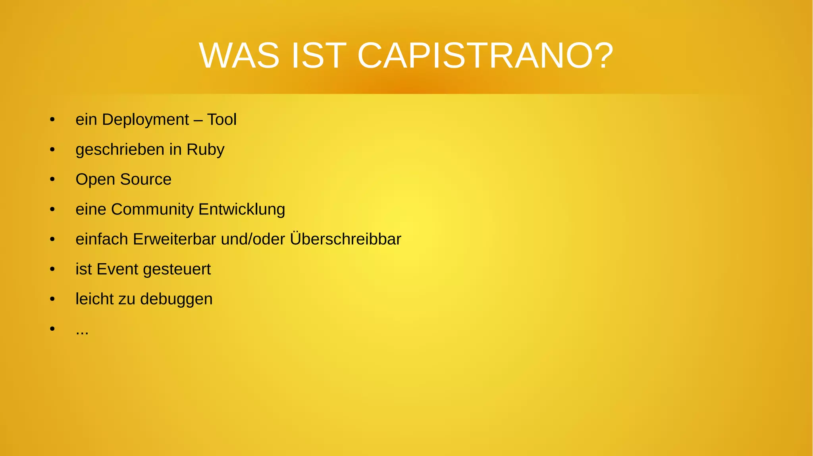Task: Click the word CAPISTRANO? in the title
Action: point(485,56)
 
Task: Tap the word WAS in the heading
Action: point(239,56)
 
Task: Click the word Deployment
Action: point(145,120)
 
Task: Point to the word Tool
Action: point(222,120)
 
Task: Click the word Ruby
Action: point(205,149)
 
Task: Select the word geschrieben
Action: point(120,149)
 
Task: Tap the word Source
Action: point(146,179)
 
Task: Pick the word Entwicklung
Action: point(242,209)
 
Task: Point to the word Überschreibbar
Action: point(345,239)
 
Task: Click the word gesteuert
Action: point(177,269)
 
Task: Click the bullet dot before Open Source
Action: point(52,180)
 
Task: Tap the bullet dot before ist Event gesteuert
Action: point(52,269)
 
